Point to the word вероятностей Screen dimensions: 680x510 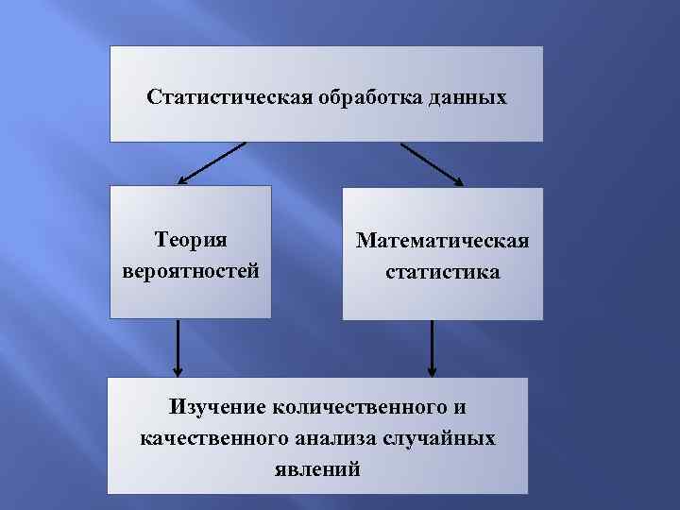coord(191,271)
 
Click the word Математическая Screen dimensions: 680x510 coord(442,241)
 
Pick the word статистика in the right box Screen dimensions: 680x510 coord(442,273)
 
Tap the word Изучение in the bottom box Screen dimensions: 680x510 coord(218,407)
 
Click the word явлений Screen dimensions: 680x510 coord(317,469)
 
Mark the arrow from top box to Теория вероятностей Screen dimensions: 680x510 coord(212,162)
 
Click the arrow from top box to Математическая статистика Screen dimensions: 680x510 coord(432,163)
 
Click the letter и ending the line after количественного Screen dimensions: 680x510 coord(459,407)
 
